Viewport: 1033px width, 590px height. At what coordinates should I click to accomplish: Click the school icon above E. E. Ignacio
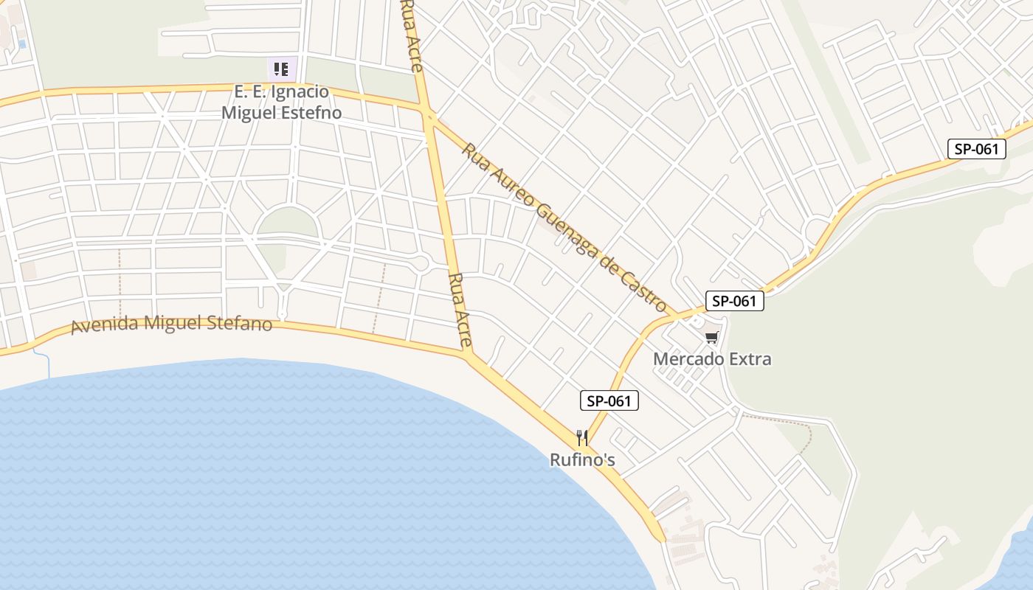click(281, 69)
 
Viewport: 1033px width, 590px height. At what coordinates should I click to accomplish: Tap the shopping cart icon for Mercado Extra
click(711, 338)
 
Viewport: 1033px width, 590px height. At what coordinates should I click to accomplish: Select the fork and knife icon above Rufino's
click(582, 438)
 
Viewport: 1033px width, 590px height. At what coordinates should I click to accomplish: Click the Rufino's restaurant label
click(582, 460)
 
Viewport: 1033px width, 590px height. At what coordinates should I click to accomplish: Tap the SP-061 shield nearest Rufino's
click(609, 401)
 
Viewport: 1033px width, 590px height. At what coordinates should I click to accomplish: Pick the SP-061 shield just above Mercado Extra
click(734, 301)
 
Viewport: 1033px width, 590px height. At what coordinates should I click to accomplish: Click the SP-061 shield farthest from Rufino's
click(977, 149)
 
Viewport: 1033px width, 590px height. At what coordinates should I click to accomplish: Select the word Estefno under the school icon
click(312, 113)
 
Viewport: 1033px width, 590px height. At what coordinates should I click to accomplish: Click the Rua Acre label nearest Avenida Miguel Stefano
click(459, 310)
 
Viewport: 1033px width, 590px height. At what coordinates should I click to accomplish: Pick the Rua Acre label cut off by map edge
click(411, 35)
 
